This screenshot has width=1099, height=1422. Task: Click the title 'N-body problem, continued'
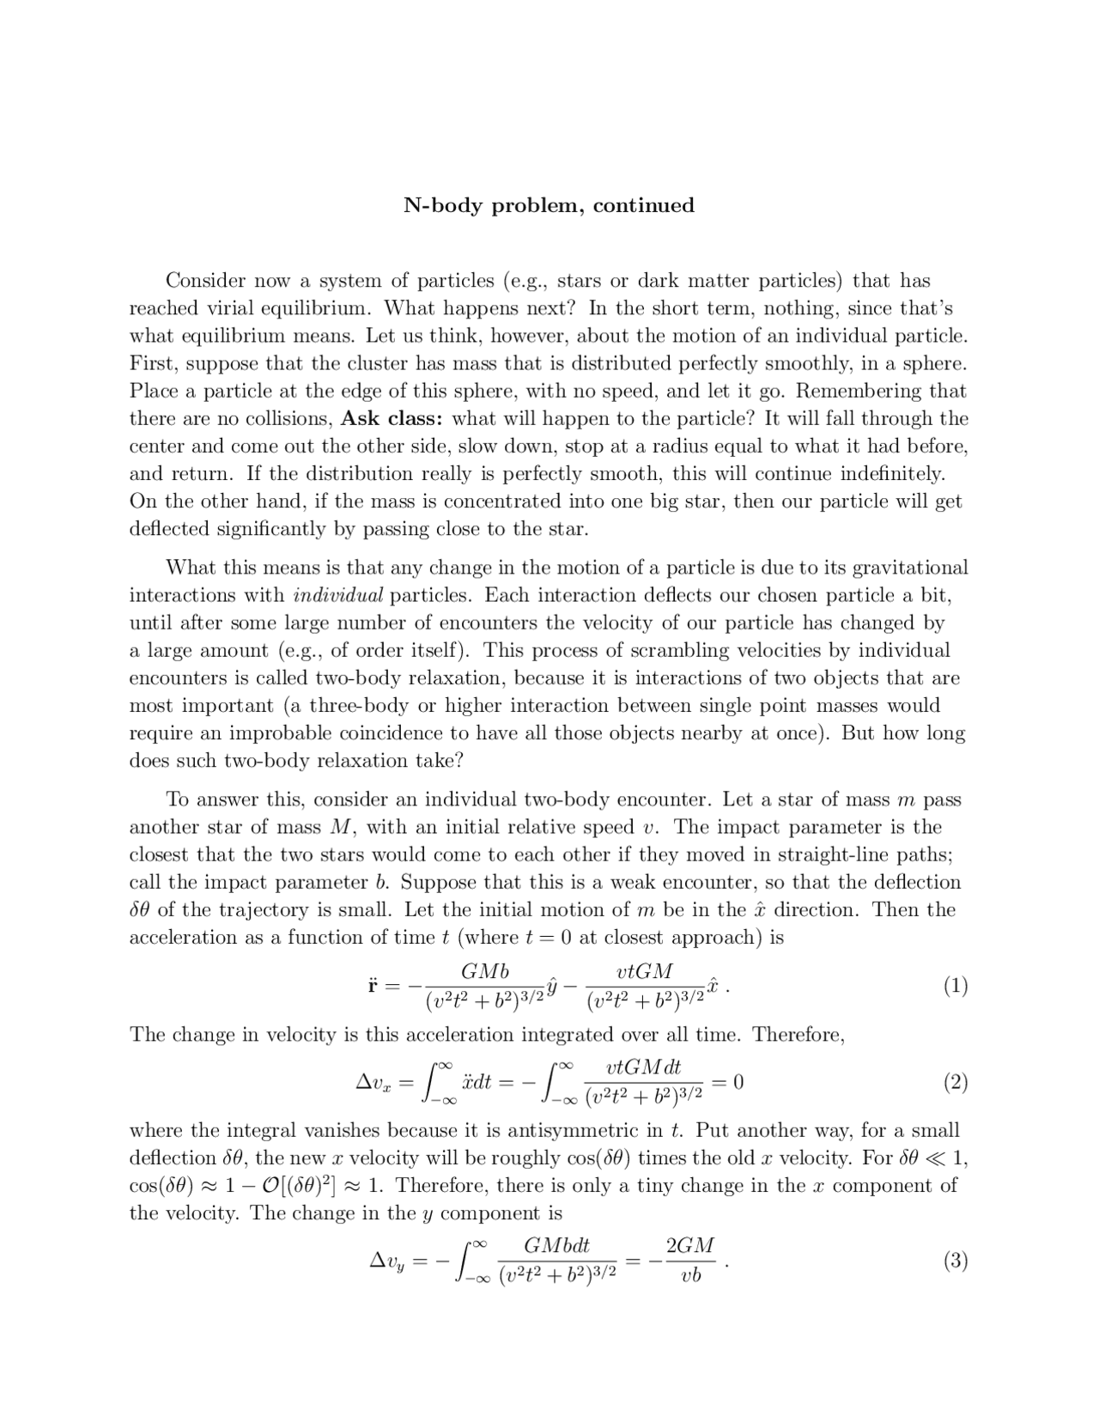pos(549,205)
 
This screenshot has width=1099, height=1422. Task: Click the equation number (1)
pos(955,986)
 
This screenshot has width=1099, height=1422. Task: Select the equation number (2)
pos(955,1083)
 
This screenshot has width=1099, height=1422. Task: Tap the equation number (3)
pos(955,1261)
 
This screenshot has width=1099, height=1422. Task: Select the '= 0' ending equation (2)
pos(728,1082)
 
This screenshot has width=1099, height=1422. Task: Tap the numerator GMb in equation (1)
pos(484,971)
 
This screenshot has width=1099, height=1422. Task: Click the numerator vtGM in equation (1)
pos(645,971)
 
